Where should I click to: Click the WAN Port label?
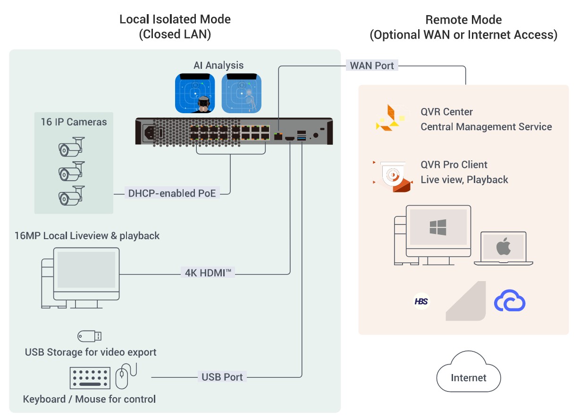(x=372, y=66)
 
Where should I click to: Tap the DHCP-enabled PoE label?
(x=172, y=193)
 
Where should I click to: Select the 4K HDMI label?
(x=208, y=272)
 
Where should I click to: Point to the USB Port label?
(x=222, y=377)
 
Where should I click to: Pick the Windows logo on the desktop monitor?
(x=438, y=227)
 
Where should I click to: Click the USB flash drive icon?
(x=90, y=336)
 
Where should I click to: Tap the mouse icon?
(x=122, y=377)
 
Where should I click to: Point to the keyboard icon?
(x=90, y=378)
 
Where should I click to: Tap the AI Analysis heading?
(x=219, y=65)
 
